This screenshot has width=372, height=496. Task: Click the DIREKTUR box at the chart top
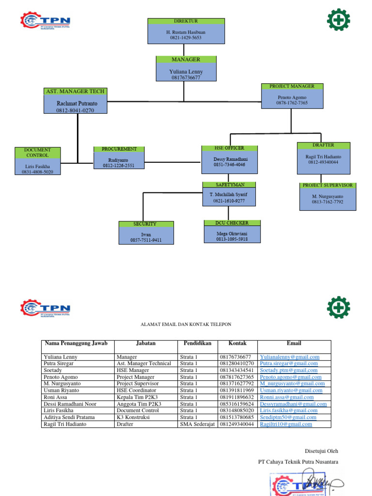coord(186,31)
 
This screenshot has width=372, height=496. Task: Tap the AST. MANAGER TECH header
coord(75,91)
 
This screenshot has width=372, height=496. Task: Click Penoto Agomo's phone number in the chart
coord(292,103)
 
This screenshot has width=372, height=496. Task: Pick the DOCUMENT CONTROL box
coord(37,161)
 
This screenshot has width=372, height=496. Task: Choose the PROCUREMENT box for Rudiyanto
coord(119,157)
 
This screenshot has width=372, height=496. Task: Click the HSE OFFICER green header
coord(230,148)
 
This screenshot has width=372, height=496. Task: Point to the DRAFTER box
coord(323,158)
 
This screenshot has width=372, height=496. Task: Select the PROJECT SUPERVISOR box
coord(328,196)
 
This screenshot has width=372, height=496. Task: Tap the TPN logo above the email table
coord(46,308)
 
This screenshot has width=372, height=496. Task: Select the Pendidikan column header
coord(198,343)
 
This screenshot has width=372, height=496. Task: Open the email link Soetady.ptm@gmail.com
coord(288,370)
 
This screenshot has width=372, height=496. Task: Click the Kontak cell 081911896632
coord(237,397)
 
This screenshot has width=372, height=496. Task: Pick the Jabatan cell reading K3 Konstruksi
coord(133,418)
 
